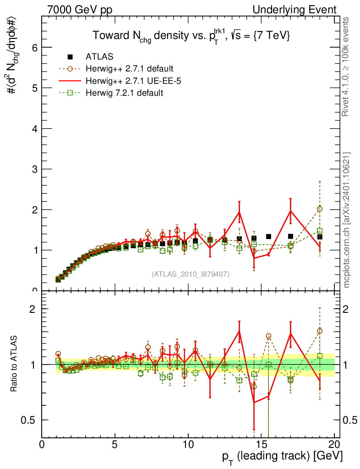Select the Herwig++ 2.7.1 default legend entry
[129, 69]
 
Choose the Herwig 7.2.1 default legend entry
[124, 93]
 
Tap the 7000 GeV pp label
[80, 10]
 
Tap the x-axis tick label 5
[115, 445]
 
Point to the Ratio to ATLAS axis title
[15, 364]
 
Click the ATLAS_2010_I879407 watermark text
[191, 274]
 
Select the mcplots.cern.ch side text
[347, 220]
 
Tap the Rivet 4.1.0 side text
[347, 66]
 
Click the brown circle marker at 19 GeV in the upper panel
[320, 209]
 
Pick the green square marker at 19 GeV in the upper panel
[320, 231]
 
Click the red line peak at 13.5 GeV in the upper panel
[239, 212]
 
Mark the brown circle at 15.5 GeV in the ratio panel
[268, 336]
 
